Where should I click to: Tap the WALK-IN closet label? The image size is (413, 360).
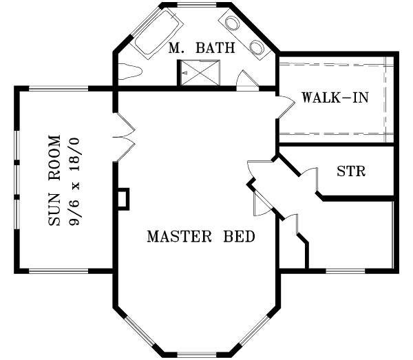click(x=335, y=97)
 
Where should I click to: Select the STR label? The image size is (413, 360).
click(x=351, y=171)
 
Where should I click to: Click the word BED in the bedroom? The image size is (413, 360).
click(x=239, y=237)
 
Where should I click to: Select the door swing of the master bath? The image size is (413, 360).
click(x=242, y=80)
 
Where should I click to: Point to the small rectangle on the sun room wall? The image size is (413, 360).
click(x=123, y=198)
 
